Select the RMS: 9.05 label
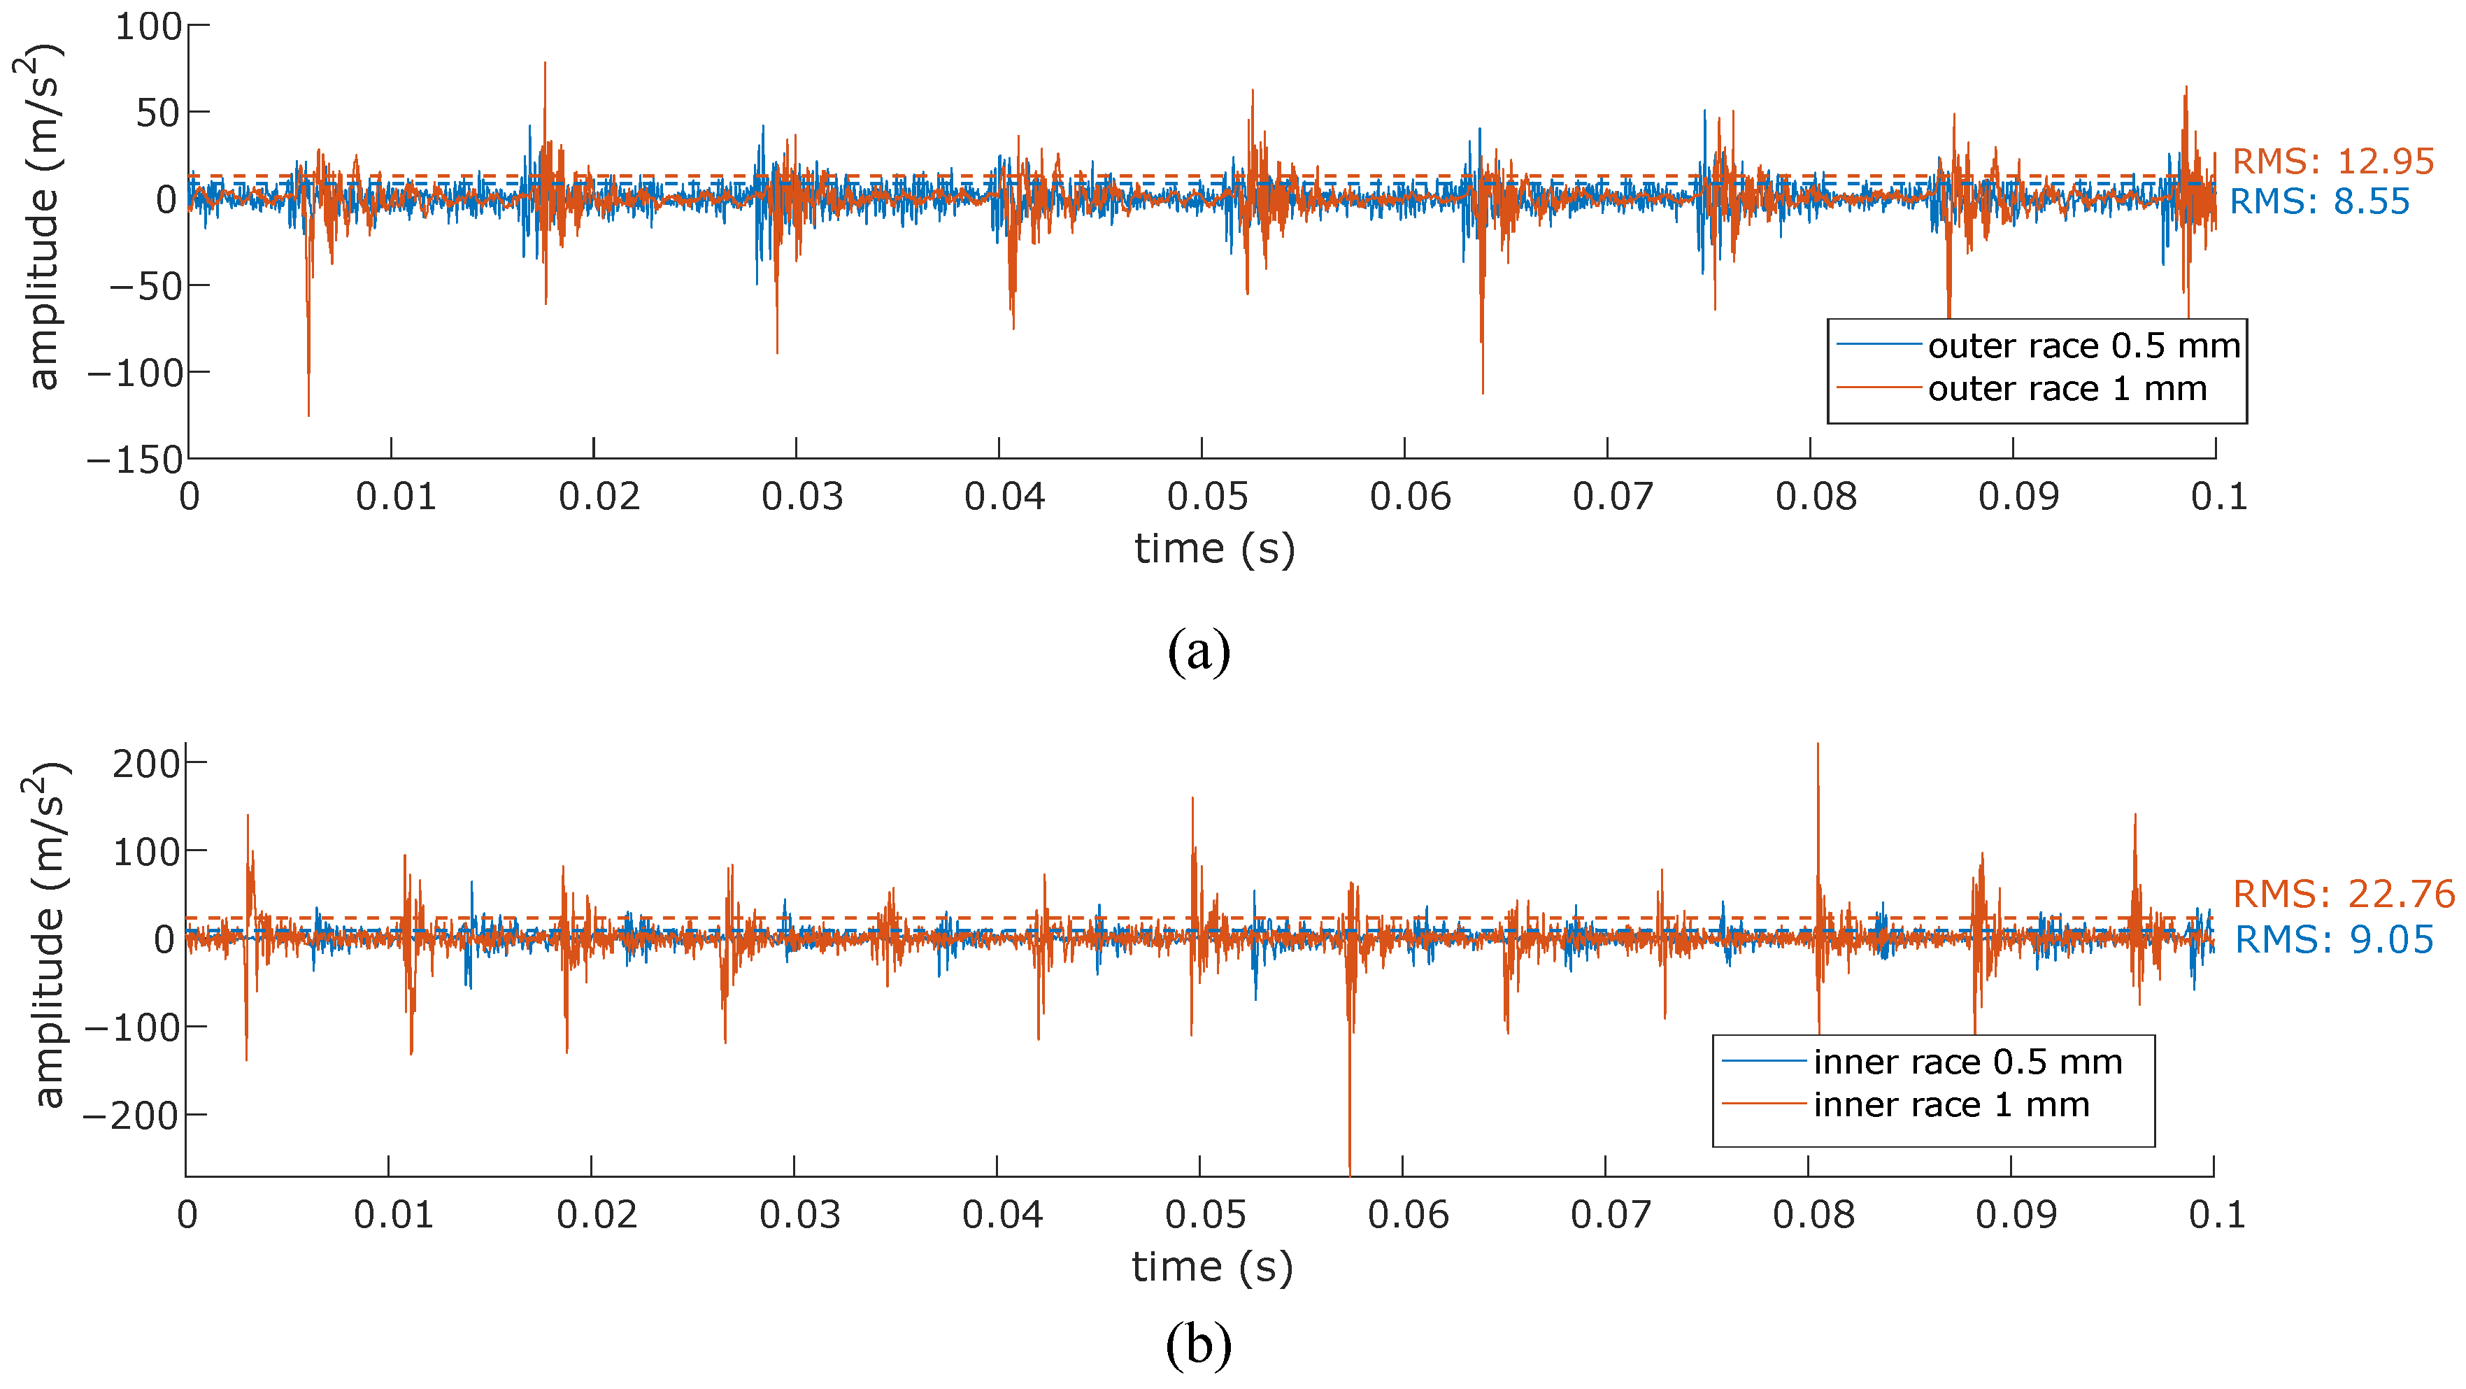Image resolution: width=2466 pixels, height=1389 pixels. pos(2334,940)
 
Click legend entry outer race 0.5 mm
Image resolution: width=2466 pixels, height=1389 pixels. pos(2083,346)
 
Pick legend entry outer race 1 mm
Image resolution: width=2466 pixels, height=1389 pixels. pos(2066,389)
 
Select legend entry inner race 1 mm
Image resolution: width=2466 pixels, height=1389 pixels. pos(1950,1104)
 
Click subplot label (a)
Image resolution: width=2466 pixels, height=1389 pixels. pos(1199,652)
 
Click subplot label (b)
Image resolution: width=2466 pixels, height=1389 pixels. pos(1199,1344)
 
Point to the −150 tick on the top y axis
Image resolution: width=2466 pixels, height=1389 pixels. pos(135,460)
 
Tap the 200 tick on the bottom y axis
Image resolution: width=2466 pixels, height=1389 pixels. pos(145,764)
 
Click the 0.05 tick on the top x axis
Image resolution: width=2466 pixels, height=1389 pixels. pos(1207,497)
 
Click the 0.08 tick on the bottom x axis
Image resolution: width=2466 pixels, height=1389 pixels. pos(1813,1215)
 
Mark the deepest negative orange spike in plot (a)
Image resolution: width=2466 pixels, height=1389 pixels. pos(308,415)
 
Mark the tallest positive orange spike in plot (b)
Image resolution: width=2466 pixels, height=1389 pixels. pos(1817,745)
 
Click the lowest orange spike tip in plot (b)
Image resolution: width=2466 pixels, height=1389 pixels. pos(1350,1173)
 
